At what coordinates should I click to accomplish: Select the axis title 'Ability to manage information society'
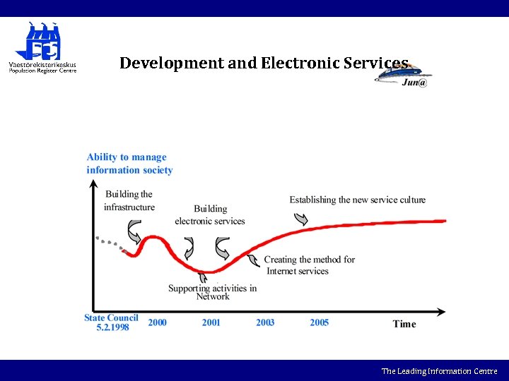pos(129,164)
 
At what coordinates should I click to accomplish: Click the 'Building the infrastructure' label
pos(129,200)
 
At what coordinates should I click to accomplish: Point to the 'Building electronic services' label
pos(210,214)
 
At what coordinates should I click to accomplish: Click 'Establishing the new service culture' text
pos(357,200)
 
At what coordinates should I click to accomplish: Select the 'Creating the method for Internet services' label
pos(309,265)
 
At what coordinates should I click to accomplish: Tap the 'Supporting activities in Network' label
pos(212,292)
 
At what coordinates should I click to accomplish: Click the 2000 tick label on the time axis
pos(157,322)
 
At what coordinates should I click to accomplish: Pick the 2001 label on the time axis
pos(211,322)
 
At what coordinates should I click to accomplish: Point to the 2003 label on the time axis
pos(265,322)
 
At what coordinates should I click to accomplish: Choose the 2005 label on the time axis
pos(319,322)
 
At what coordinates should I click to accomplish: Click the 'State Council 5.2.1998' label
pos(112,322)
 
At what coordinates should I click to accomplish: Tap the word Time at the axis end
pos(404,324)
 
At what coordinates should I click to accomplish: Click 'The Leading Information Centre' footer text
pos(439,371)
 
